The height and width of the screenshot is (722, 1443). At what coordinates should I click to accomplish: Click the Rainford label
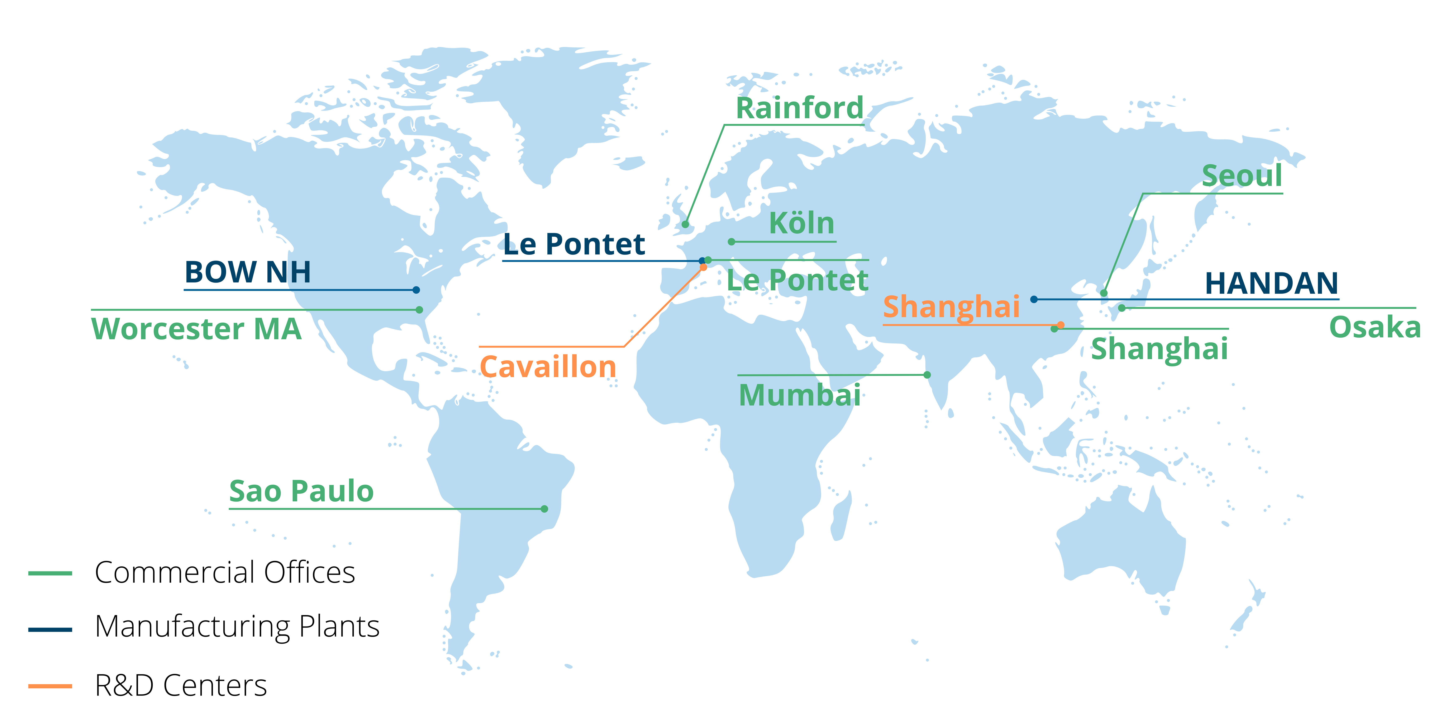tap(799, 108)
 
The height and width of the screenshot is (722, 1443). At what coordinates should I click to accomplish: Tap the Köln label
tap(802, 224)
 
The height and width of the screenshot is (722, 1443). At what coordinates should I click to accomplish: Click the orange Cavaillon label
tap(548, 367)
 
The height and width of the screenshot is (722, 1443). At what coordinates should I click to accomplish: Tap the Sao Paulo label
tap(301, 492)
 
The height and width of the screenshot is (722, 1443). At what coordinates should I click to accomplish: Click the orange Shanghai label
tap(951, 307)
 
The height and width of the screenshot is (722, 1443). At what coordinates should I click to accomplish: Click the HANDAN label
tap(1271, 284)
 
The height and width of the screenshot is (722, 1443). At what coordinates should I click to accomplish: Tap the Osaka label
tap(1375, 327)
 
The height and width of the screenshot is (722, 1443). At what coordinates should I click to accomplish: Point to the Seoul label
tap(1242, 176)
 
